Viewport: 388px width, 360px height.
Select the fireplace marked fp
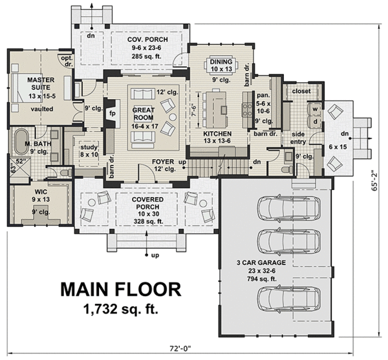click(112, 111)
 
